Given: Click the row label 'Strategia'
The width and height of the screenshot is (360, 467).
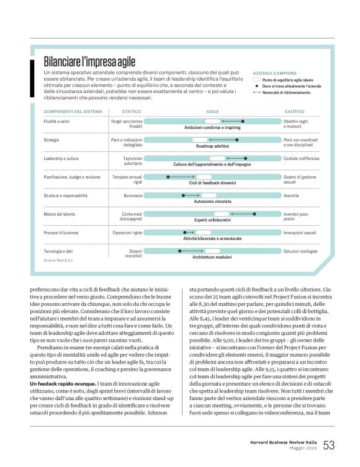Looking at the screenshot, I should pyautogui.click(x=52, y=140).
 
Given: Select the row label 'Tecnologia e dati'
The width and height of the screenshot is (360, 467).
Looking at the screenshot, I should pyautogui.click(x=58, y=251).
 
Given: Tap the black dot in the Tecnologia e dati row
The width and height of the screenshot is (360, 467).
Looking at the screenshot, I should pyautogui.click(x=179, y=251).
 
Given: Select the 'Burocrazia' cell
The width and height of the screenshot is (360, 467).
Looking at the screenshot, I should pyautogui.click(x=133, y=195).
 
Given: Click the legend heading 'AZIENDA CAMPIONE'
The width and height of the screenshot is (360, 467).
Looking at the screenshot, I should pyautogui.click(x=275, y=73).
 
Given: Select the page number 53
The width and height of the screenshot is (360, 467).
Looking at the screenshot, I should pyautogui.click(x=329, y=445).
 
